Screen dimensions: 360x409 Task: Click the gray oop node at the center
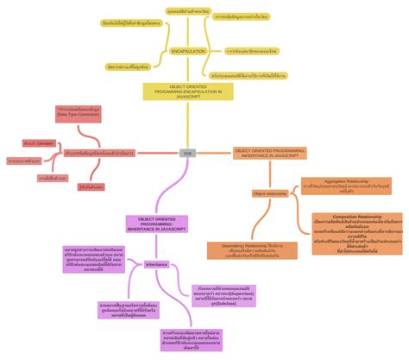click(x=187, y=153)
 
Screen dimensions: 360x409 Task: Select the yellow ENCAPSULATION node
click(x=187, y=52)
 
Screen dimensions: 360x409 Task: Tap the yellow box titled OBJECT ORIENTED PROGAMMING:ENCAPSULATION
click(x=188, y=92)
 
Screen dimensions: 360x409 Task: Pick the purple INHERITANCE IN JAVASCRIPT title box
click(x=156, y=224)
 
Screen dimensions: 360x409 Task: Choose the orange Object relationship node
click(x=270, y=194)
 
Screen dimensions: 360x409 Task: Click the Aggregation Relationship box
click(x=346, y=186)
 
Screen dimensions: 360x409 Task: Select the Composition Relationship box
click(x=356, y=231)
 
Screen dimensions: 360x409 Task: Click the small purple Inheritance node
click(x=157, y=264)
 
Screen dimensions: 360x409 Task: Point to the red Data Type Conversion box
click(x=78, y=112)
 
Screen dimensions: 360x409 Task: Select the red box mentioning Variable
click(x=40, y=142)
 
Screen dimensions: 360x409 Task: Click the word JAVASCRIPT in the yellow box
click(x=188, y=98)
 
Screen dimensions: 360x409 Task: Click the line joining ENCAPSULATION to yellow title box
click(x=187, y=69)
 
